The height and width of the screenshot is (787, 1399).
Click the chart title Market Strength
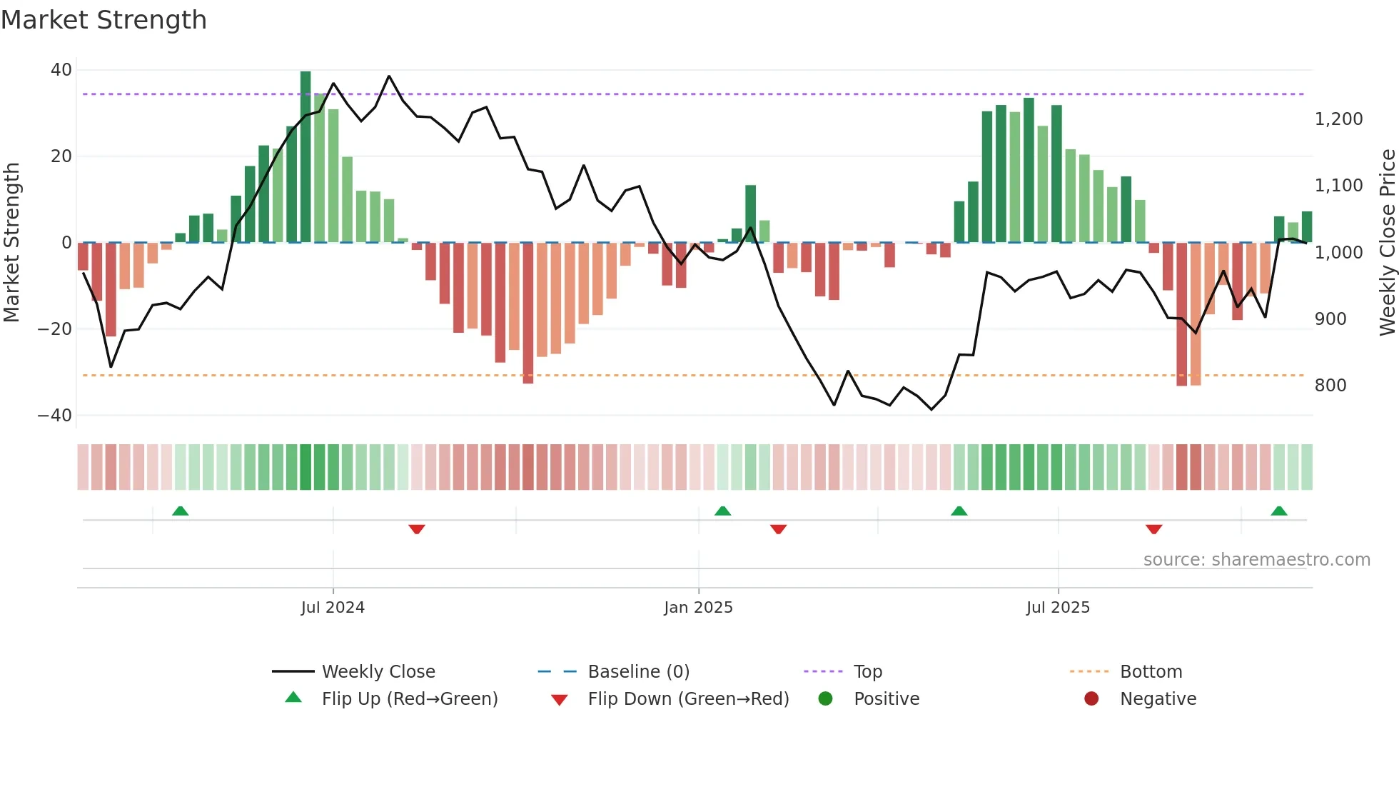click(x=103, y=20)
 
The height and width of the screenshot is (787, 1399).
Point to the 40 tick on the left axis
click(x=61, y=70)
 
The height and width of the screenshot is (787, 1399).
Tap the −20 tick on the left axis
click(x=55, y=329)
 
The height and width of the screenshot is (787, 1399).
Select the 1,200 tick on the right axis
click(x=1338, y=119)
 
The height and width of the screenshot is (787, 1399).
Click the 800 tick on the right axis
click(x=1330, y=386)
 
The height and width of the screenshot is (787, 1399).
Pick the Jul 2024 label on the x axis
click(x=333, y=608)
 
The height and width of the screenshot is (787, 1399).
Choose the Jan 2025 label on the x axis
click(x=698, y=608)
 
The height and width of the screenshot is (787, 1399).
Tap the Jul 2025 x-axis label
click(x=1058, y=608)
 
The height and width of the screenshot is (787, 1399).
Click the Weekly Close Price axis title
click(x=1387, y=243)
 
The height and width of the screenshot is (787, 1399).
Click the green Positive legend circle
click(x=825, y=699)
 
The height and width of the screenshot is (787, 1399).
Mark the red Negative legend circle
click(x=1091, y=699)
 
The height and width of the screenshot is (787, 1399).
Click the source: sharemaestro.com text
click(x=1256, y=560)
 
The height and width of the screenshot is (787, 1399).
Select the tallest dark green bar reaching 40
click(x=305, y=157)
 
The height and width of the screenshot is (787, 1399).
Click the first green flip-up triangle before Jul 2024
click(x=181, y=511)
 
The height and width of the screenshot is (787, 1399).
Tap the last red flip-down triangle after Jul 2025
click(x=1153, y=529)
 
